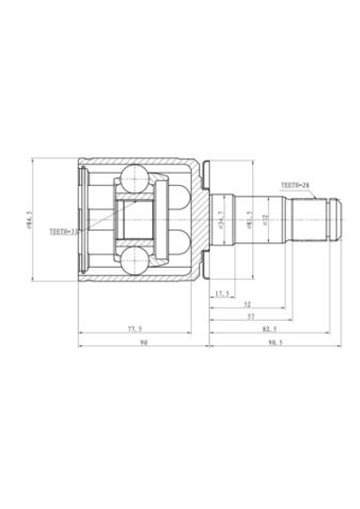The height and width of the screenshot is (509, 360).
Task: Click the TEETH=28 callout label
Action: pyautogui.click(x=295, y=184)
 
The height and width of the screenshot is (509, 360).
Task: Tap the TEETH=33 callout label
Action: pyautogui.click(x=64, y=230)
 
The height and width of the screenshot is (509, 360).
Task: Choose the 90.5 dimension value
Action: pyautogui.click(x=272, y=343)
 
